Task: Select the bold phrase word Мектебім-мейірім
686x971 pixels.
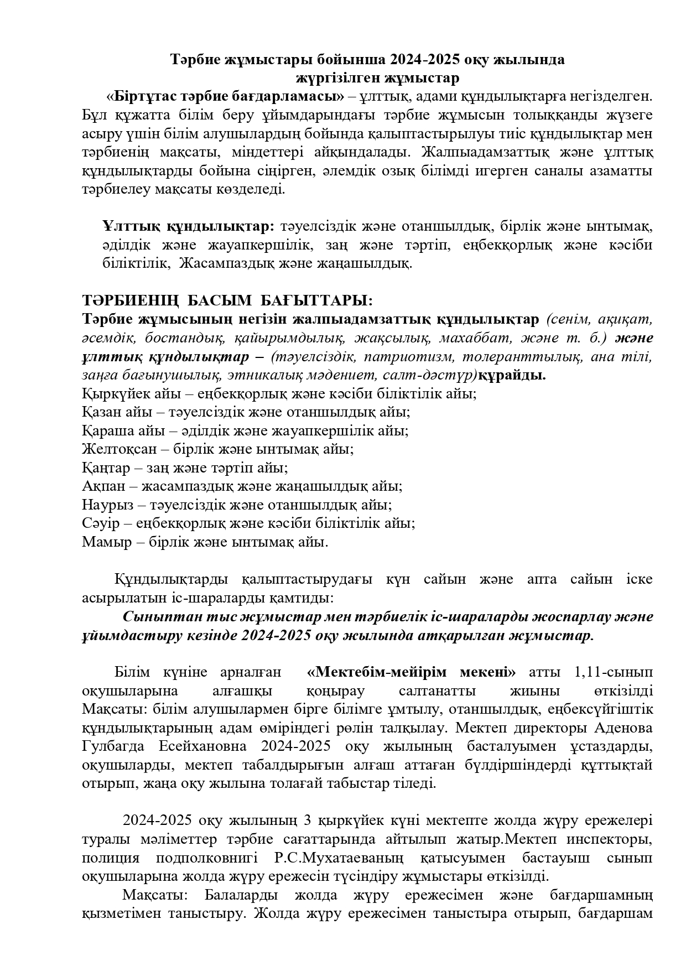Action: click(x=381, y=672)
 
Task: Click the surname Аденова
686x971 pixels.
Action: click(x=620, y=728)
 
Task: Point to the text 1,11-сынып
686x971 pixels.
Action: click(x=614, y=672)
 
